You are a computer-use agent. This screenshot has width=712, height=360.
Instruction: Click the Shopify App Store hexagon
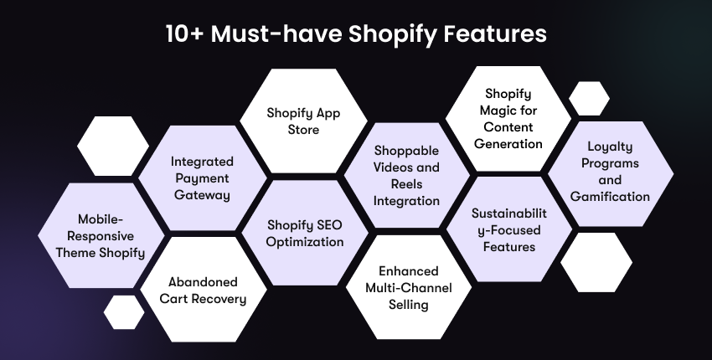[x=304, y=121]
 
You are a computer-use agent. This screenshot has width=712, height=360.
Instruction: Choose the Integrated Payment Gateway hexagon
[x=202, y=177]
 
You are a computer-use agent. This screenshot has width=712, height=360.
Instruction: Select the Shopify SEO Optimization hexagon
[x=305, y=234]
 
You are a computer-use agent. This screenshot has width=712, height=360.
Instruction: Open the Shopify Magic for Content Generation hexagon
[x=507, y=118]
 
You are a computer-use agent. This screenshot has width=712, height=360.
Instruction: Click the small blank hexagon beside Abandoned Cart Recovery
[x=124, y=311]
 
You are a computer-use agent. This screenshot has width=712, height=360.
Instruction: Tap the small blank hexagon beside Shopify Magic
[x=588, y=99]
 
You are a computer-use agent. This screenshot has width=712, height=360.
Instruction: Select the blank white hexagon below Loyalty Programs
[x=596, y=262]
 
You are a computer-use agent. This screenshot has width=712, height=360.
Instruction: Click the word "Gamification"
[x=610, y=197]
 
